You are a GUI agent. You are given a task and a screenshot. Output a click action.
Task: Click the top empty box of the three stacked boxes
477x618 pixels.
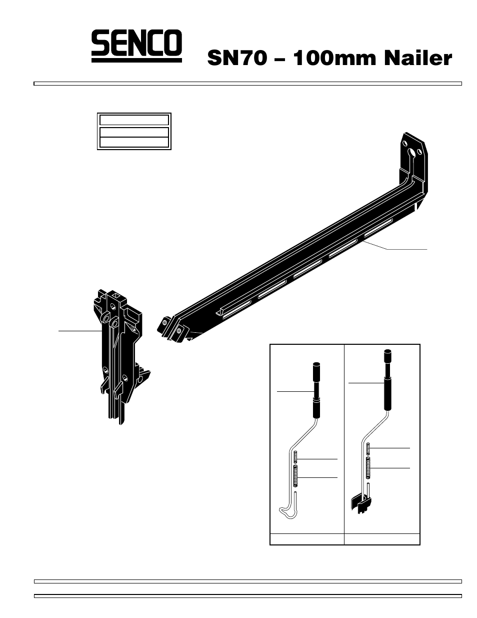click(x=133, y=120)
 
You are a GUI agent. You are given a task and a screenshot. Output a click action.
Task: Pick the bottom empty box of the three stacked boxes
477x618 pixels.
click(x=133, y=143)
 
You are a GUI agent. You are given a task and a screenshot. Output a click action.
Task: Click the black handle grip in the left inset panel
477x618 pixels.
click(x=316, y=390)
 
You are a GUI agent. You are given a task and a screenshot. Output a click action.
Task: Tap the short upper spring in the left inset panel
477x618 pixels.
click(x=295, y=457)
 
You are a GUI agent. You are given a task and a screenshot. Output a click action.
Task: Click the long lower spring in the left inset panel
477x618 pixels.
click(x=295, y=475)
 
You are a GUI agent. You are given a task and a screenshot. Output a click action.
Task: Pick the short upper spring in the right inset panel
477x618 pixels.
click(x=368, y=448)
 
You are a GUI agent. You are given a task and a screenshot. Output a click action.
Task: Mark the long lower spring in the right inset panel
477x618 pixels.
click(x=368, y=467)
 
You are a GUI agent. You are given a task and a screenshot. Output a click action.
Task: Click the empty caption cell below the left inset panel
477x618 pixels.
click(x=307, y=539)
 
